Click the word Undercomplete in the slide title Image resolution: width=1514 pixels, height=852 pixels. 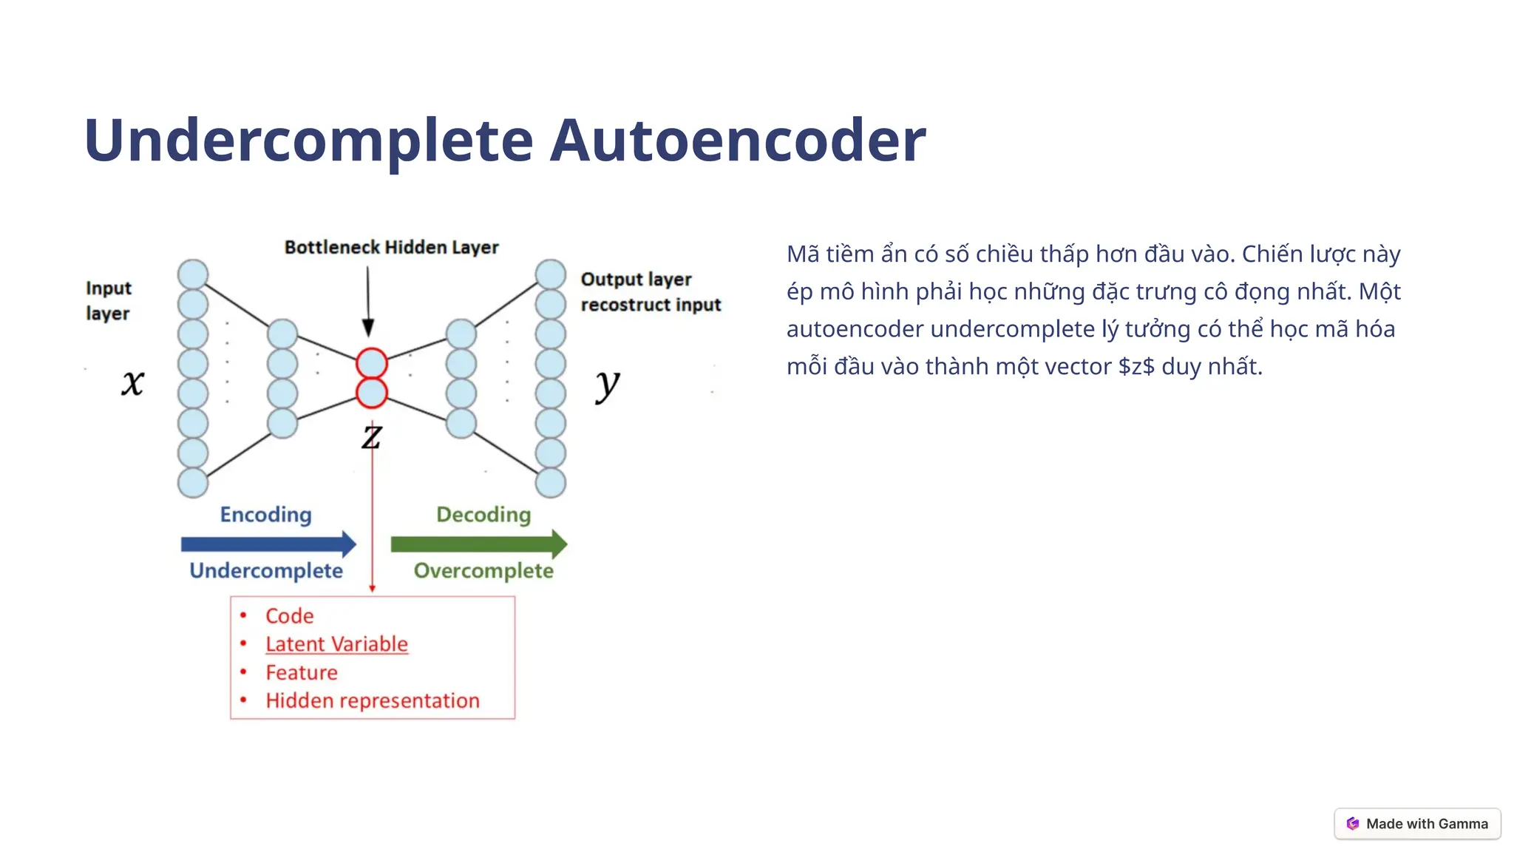[x=309, y=141]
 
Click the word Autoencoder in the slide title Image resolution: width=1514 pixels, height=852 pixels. [x=737, y=141]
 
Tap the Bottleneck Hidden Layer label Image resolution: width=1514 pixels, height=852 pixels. [x=391, y=247]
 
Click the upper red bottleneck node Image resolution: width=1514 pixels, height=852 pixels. [x=372, y=363]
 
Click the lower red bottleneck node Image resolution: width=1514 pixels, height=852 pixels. [x=372, y=393]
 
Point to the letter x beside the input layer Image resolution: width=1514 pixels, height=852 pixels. [x=133, y=382]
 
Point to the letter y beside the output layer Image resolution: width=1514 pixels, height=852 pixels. [x=607, y=384]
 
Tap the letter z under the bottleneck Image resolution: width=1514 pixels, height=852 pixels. [x=372, y=436]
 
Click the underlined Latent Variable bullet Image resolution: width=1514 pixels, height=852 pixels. [x=336, y=644]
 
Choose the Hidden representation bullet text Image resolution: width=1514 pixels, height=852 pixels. [x=373, y=700]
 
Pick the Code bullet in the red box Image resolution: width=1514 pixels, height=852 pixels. [x=289, y=616]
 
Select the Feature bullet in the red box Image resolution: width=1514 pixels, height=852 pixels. [x=302, y=672]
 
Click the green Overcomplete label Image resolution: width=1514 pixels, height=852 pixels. [x=483, y=571]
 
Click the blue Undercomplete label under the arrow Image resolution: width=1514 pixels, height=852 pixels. [x=266, y=571]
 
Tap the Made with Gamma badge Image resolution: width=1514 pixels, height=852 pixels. [x=1417, y=824]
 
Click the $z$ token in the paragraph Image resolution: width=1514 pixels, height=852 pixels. [x=1136, y=366]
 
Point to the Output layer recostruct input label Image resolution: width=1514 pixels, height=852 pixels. [x=650, y=292]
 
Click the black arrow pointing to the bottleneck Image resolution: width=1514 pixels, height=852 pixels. [x=367, y=303]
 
